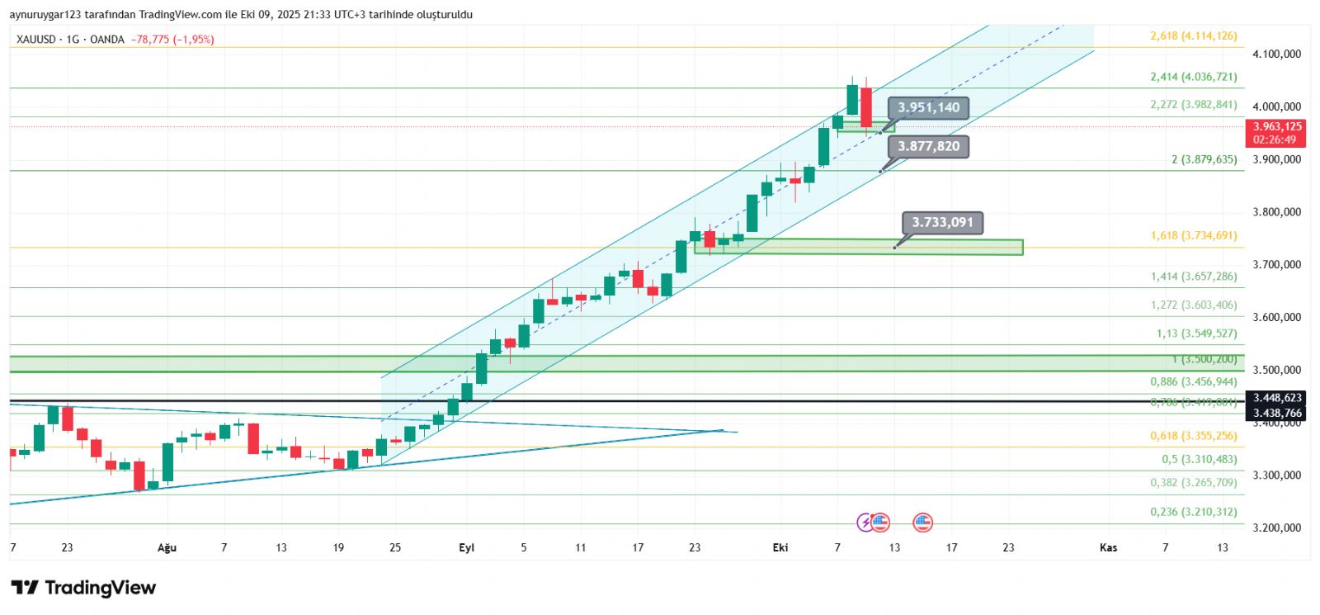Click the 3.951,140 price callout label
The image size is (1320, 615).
coord(928,107)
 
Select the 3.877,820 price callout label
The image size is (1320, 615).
coord(928,147)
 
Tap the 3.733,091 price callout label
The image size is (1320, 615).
coord(942,222)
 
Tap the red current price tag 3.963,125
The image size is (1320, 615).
coord(1277,127)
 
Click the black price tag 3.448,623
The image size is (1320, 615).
coord(1277,398)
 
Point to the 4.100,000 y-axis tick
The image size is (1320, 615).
coord(1276,54)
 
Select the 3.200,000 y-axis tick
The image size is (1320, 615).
coord(1276,527)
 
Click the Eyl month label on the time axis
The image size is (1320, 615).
coord(466,547)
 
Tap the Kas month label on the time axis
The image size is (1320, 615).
coord(1108,547)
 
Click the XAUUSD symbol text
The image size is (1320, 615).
coord(36,40)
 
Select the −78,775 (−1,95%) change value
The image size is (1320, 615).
coord(172,40)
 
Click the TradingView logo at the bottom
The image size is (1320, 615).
coord(83,588)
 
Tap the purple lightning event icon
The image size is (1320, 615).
coord(865,522)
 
